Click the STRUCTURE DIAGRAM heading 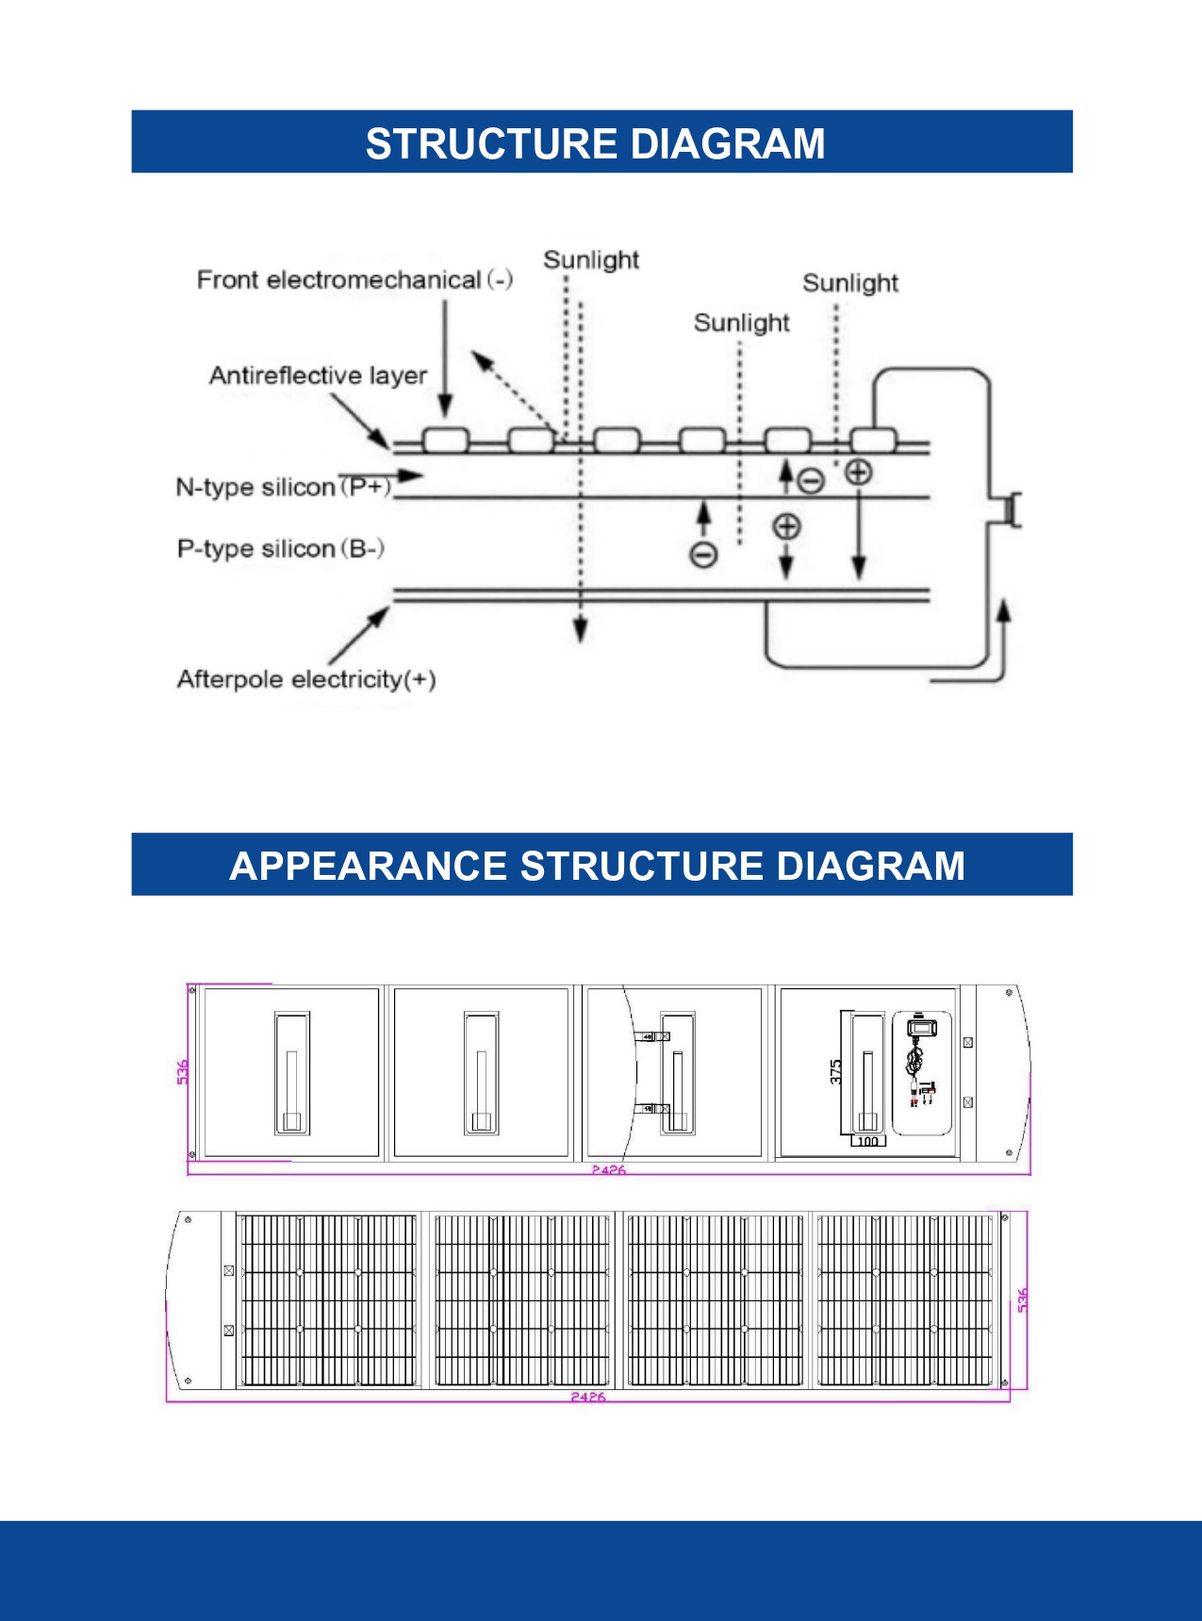coord(595,144)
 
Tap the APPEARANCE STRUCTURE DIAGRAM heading coord(597,866)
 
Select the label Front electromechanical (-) coord(354,280)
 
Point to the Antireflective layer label coord(318,375)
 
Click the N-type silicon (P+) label coord(284,487)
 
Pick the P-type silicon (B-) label coord(280,549)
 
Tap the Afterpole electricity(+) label coord(306,679)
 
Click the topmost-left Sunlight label coord(591,259)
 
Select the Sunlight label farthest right coord(849,283)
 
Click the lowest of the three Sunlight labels coord(741,323)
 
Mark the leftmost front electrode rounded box coord(445,439)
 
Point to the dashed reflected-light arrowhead coord(481,360)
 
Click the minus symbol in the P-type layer coord(703,554)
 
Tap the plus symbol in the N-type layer coord(858,471)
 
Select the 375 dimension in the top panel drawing coord(836,1071)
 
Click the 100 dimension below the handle coord(867,1141)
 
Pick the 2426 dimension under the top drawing coord(608,1169)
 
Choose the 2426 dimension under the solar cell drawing coord(587,1397)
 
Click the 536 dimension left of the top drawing coord(183,1071)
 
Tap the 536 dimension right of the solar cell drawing coord(1023,1299)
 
